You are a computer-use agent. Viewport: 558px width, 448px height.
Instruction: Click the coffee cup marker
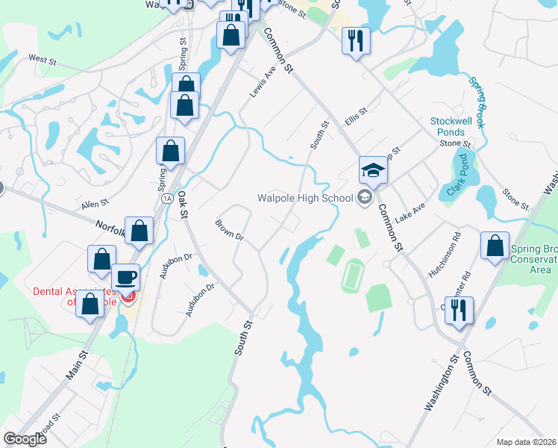125,278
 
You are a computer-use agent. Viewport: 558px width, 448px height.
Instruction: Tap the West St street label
43,58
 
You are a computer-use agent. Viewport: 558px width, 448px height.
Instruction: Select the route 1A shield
166,198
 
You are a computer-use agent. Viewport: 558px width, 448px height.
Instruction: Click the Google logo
25,439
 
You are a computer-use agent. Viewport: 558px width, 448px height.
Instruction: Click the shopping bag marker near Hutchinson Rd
495,248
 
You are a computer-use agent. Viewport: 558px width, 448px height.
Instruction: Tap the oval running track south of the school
353,276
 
